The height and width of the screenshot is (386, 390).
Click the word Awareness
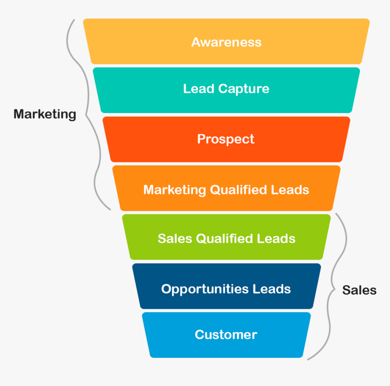[x=226, y=42]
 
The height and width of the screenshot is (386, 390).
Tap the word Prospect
[x=226, y=139]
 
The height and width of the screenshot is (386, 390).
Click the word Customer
[x=226, y=335]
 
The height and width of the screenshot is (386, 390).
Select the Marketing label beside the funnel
[x=44, y=114]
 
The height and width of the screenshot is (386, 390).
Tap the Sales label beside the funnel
[x=359, y=290]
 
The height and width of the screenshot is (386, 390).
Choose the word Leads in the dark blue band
[x=272, y=289]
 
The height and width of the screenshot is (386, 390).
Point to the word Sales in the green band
[x=175, y=239]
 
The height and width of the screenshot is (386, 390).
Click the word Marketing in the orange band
[x=175, y=190]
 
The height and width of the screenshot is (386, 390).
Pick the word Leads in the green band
[x=276, y=239]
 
